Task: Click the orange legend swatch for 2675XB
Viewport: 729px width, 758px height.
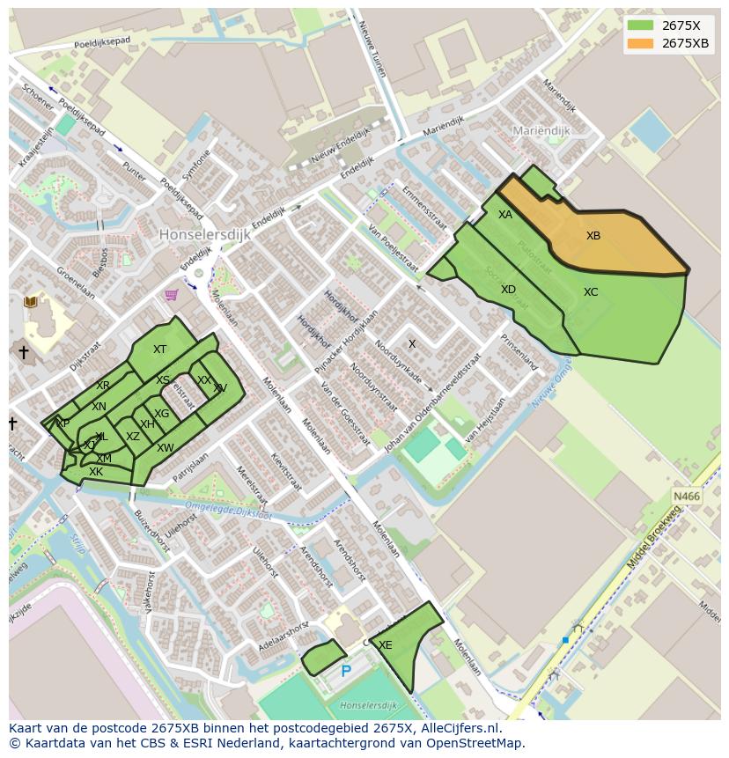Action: tap(640, 43)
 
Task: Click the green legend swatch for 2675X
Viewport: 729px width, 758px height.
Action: tap(640, 26)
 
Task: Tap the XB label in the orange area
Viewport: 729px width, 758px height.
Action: tap(593, 236)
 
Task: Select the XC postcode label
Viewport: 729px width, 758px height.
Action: tap(591, 292)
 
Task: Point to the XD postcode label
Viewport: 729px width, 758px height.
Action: tap(508, 290)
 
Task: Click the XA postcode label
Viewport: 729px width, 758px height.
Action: tap(505, 215)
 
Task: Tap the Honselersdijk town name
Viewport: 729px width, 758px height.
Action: tap(205, 235)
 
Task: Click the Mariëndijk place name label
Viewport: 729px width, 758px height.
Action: tap(541, 130)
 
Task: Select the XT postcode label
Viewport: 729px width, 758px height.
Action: tap(159, 350)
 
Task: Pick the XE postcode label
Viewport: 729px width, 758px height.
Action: tap(385, 645)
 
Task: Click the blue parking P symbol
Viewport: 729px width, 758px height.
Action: tap(346, 672)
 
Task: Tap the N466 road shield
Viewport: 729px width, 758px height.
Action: tap(687, 497)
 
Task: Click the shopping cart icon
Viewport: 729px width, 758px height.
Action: tap(172, 295)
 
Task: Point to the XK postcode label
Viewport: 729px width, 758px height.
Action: tap(96, 472)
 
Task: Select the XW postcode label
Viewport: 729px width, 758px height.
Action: tap(165, 448)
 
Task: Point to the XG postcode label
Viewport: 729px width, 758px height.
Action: tap(162, 414)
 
